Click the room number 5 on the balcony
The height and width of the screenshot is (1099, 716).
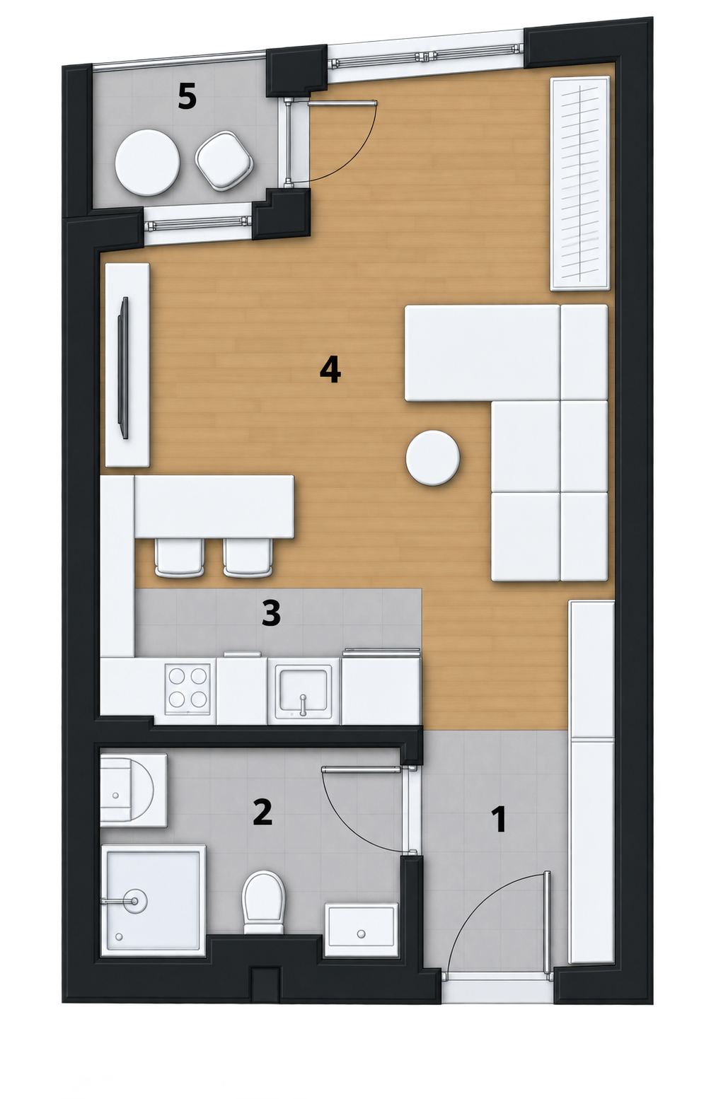(x=187, y=97)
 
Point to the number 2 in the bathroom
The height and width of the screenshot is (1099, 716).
(x=262, y=812)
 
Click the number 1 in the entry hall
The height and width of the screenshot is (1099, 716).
(x=499, y=820)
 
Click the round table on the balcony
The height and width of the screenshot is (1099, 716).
(x=147, y=163)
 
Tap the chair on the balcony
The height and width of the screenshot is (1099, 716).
(x=224, y=161)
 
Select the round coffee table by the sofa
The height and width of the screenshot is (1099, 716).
(x=432, y=458)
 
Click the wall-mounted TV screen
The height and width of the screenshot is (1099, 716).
(x=122, y=367)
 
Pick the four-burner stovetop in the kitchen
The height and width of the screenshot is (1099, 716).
(x=189, y=688)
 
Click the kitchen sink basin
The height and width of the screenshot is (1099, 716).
(x=303, y=690)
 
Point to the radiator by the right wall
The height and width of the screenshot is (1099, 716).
(x=580, y=183)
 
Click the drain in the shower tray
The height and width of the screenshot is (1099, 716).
(x=134, y=900)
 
